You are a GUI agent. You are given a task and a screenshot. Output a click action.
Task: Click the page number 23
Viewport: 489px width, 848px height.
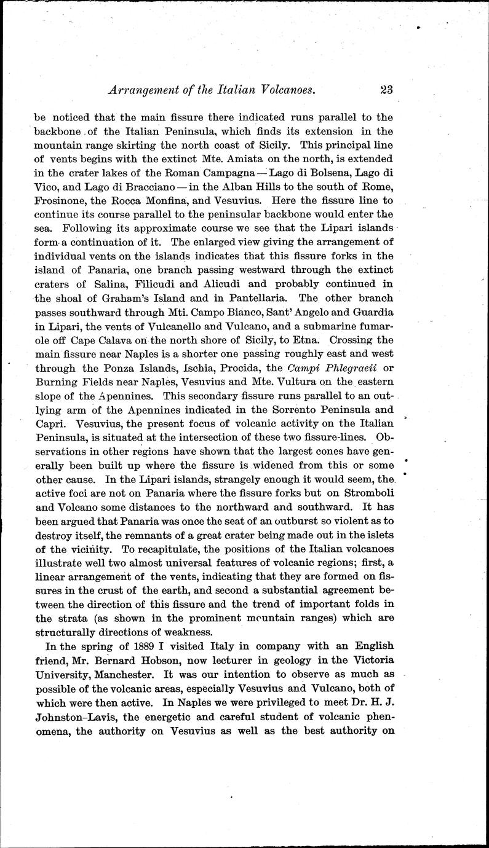[386, 89]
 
